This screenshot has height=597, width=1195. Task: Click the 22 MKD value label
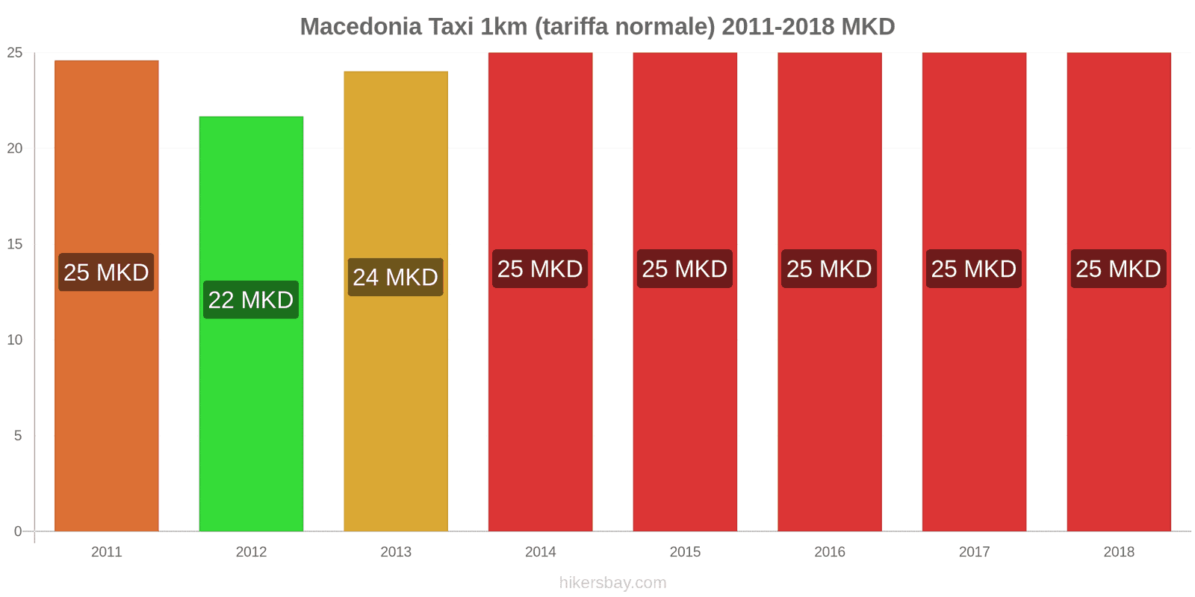(x=251, y=300)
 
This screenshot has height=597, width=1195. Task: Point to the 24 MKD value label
(x=395, y=278)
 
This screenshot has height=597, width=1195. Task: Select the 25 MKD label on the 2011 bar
(x=106, y=272)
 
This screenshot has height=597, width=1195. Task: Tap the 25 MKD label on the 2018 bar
(x=1118, y=269)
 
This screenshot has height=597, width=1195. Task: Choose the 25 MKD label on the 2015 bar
(x=684, y=269)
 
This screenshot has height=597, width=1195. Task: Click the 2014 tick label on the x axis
(x=540, y=551)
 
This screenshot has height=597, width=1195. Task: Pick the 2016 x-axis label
(x=829, y=551)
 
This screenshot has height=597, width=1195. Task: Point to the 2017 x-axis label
(x=974, y=551)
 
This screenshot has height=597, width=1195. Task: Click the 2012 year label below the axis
(x=251, y=551)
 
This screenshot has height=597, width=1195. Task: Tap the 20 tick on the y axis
(x=15, y=149)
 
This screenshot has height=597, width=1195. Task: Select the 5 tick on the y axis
(x=18, y=436)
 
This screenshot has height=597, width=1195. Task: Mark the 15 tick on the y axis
(x=15, y=244)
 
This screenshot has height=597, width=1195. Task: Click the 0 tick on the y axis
(x=18, y=531)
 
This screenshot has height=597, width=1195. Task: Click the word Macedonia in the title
(x=361, y=27)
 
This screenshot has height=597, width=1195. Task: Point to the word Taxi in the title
(x=450, y=27)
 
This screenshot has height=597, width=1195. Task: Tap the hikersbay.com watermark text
(x=612, y=583)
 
